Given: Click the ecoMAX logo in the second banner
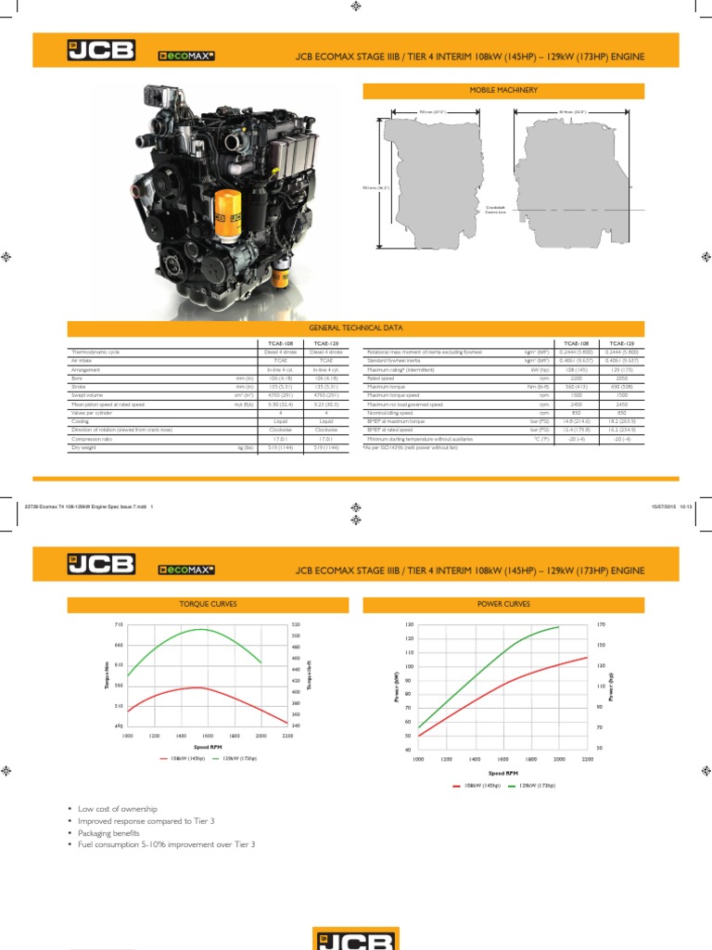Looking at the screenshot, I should pyautogui.click(x=186, y=568).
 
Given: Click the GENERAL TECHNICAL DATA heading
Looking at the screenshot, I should pyautogui.click(x=356, y=327).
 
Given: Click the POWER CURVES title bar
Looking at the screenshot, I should pyautogui.click(x=504, y=604).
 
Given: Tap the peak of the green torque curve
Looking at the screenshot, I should pyautogui.click(x=199, y=629).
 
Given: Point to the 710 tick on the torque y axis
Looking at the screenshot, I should pyautogui.click(x=118, y=625).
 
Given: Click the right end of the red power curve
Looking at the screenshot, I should pyautogui.click(x=587, y=658).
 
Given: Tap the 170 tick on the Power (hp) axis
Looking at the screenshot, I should pyautogui.click(x=601, y=625).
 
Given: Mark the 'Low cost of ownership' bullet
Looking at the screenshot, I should pyautogui.click(x=117, y=809).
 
